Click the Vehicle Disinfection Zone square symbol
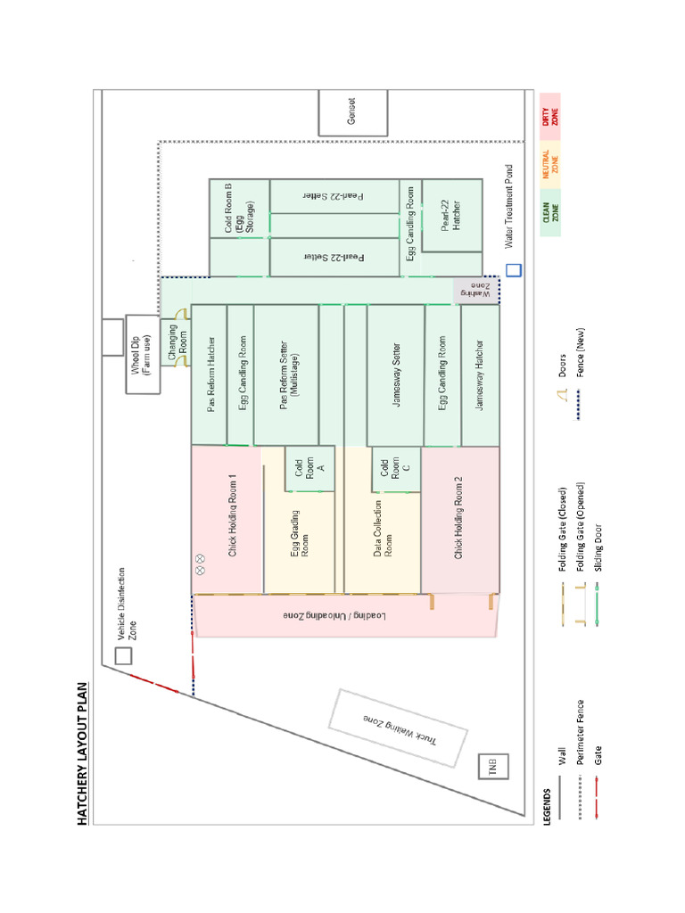coord(123,655)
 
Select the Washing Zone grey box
coord(477,291)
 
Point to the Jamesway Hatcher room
coord(480,375)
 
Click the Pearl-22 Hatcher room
coord(451,215)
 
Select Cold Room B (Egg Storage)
coord(239,209)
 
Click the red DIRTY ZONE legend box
coord(550,116)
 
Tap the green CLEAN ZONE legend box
coord(550,214)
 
